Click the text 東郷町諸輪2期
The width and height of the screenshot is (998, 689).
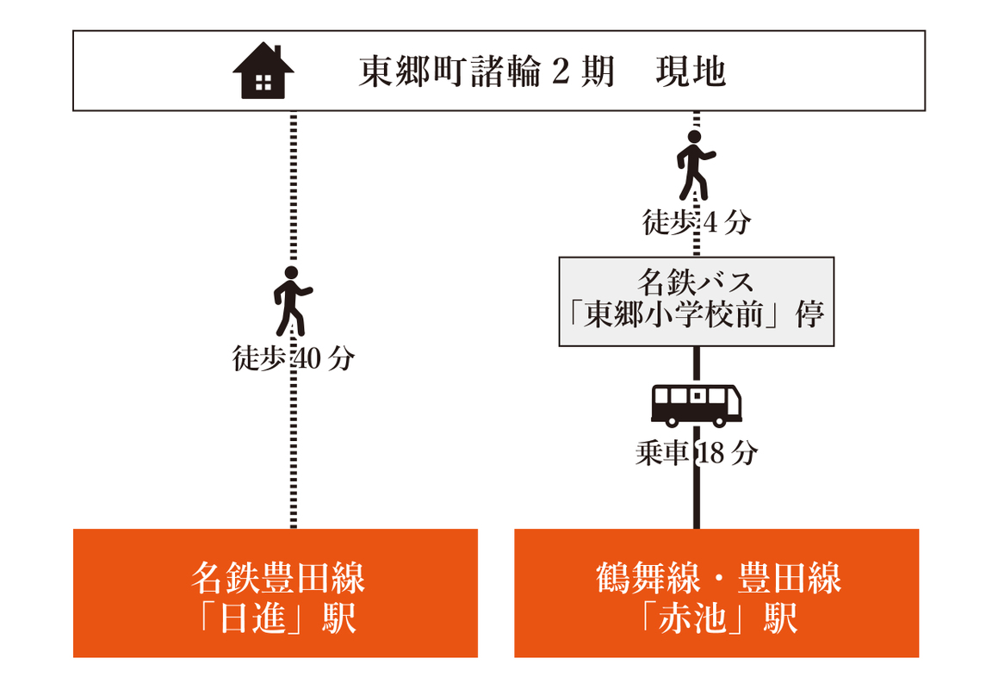486,72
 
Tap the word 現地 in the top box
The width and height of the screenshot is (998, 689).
691,72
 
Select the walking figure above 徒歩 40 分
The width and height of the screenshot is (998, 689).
292,301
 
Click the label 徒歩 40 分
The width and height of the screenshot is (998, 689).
293,358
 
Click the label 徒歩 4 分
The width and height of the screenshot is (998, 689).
697,223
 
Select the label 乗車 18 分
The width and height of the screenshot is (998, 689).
696,453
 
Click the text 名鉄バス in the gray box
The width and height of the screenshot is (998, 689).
696,282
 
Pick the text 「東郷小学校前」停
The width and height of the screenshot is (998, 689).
697,315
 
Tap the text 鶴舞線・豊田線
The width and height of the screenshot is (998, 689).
717,578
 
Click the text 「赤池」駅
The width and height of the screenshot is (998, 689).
717,618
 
